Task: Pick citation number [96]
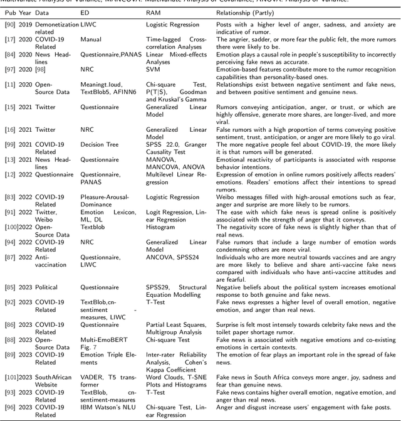tap(9, 407)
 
